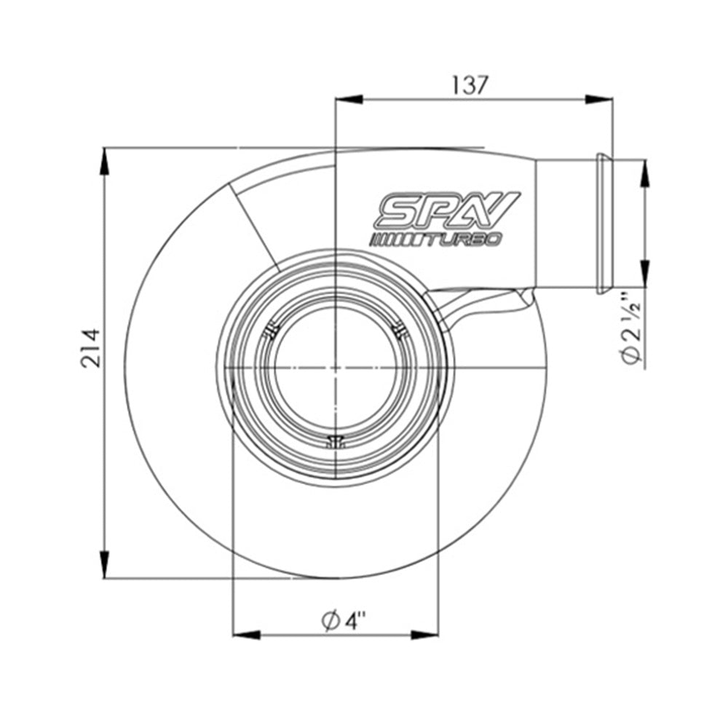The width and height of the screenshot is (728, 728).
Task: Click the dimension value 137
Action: (470, 84)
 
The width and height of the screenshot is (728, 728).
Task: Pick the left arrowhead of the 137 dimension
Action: (348, 99)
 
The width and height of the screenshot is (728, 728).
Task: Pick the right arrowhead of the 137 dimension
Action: (598, 99)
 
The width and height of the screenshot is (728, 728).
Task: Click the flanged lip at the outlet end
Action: (603, 223)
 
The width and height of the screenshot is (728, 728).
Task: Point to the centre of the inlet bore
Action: (334, 368)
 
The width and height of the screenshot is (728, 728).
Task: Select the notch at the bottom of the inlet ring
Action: (335, 440)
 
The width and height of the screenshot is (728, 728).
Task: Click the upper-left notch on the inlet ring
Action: (271, 331)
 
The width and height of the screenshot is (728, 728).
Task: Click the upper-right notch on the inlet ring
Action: (398, 331)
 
